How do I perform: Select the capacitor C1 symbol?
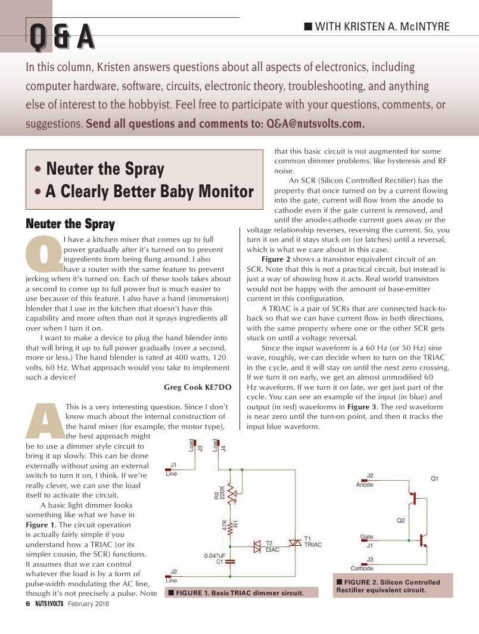[x=231, y=560]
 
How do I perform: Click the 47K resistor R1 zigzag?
[x=231, y=525]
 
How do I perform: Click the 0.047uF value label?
[x=213, y=555]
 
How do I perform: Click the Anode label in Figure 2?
[x=365, y=484]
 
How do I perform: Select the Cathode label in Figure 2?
[x=362, y=568]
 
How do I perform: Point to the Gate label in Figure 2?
[x=367, y=537]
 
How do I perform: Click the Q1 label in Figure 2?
[x=435, y=478]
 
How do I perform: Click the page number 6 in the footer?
[x=27, y=604]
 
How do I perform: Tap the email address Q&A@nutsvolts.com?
[x=315, y=124]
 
